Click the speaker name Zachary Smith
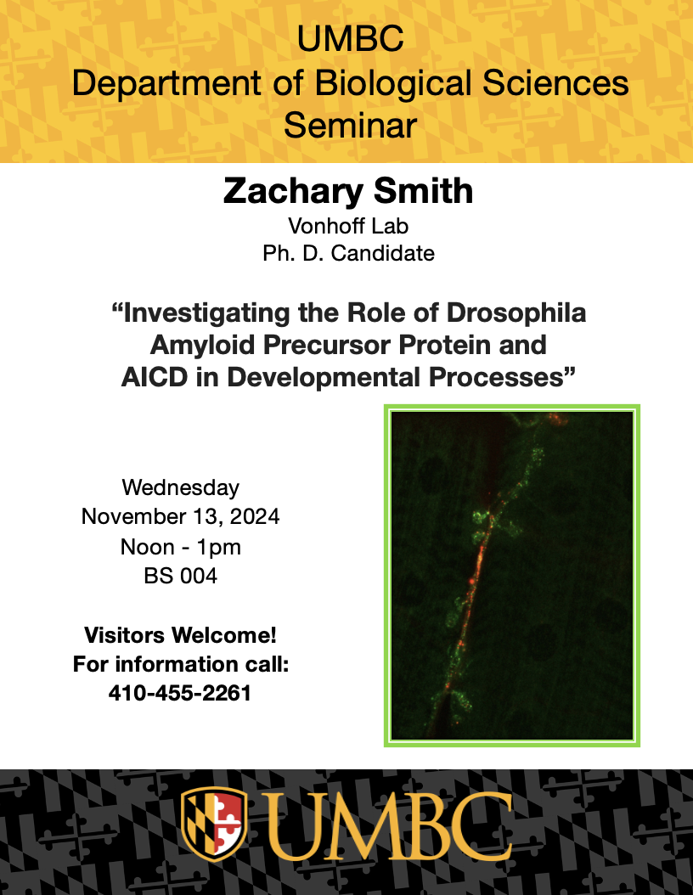click(348, 192)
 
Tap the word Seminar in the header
click(351, 126)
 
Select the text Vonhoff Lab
click(348, 226)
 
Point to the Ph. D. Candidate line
click(348, 253)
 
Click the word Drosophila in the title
click(516, 312)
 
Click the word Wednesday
click(180, 488)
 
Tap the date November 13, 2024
click(180, 516)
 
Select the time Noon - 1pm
click(180, 547)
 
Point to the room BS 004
click(180, 576)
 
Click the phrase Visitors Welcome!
click(180, 634)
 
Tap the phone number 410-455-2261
click(180, 693)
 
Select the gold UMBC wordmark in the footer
click(387, 826)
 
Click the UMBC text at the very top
click(351, 39)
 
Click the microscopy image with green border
click(512, 576)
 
